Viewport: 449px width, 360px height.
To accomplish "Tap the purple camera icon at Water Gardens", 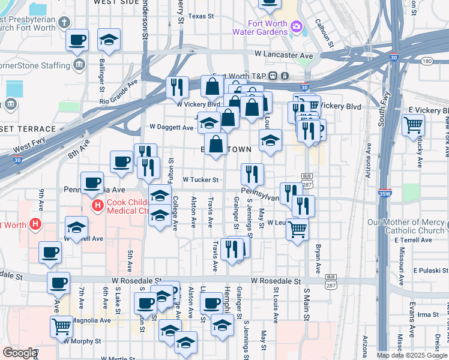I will pyautogui.click(x=295, y=26).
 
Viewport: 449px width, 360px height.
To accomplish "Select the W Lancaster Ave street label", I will pyautogui.click(x=284, y=55).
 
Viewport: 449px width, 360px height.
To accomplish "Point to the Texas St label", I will pyautogui.click(x=200, y=16).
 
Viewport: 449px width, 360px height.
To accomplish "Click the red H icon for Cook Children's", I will pyautogui.click(x=97, y=206).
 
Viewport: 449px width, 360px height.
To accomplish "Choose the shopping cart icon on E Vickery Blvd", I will pyautogui.click(x=414, y=126).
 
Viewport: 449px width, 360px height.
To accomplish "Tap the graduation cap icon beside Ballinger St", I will pyautogui.click(x=109, y=40).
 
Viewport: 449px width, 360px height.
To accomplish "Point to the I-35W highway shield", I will pyautogui.click(x=385, y=193).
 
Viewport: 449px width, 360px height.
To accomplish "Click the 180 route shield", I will pyautogui.click(x=427, y=61).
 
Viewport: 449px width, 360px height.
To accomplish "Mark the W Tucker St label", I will pyautogui.click(x=199, y=179).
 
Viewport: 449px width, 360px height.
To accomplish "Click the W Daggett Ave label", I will pyautogui.click(x=171, y=127).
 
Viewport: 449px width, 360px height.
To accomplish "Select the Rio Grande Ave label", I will pyautogui.click(x=119, y=91).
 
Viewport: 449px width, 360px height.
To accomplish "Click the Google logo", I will pyautogui.click(x=19, y=353).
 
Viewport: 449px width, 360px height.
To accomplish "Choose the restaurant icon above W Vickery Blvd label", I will pyautogui.click(x=177, y=87).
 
